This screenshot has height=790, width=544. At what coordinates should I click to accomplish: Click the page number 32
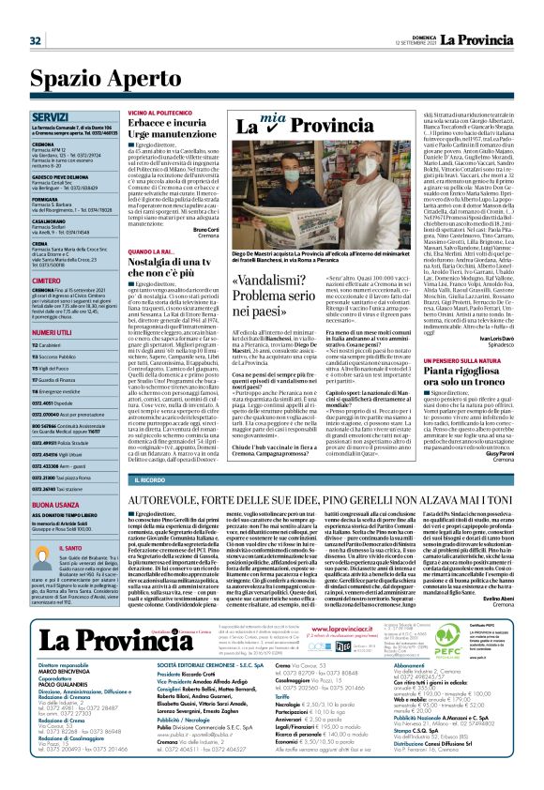tap(36, 39)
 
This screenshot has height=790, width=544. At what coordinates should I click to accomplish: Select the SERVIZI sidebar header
tap(49, 117)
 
